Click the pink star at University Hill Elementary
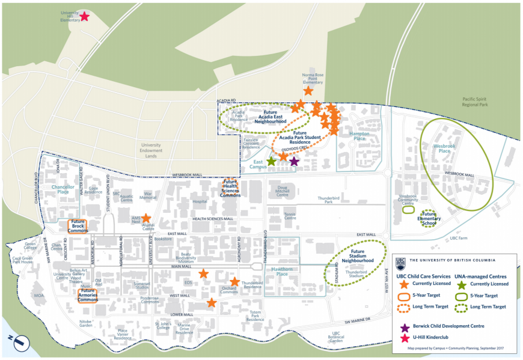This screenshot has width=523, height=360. [85, 17]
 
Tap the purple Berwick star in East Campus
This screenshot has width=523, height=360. [294, 161]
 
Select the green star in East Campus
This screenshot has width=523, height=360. [272, 161]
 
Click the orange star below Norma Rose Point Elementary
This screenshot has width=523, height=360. [308, 91]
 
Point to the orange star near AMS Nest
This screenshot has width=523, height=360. [146, 219]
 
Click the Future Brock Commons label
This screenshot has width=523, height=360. [78, 225]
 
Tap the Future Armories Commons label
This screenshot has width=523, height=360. [87, 295]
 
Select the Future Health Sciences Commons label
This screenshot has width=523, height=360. [230, 188]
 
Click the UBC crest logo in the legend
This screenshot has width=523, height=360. [400, 263]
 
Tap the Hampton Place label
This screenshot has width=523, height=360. [359, 136]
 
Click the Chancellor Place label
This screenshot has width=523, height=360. [62, 189]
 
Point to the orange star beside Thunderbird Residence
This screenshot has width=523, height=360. [234, 281]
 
